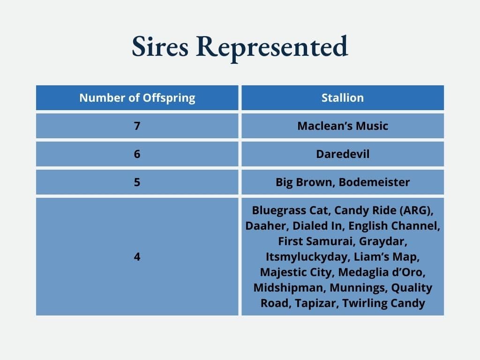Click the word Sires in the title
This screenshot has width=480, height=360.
160,46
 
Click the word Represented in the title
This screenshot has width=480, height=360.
272,48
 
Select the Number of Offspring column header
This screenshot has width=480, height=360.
137,98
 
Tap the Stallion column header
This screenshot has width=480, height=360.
343,98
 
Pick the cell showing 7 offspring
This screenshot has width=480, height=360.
137,126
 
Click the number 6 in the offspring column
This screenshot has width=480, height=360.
137,154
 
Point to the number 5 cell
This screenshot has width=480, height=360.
137,182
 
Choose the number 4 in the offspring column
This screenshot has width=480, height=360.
137,256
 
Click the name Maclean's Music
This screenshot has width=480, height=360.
343,126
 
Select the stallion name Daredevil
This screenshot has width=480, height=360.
343,154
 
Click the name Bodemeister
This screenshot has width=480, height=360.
374,182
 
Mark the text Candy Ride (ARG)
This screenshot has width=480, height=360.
383,210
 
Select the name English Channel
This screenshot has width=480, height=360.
394,226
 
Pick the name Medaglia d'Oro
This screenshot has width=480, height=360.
382,272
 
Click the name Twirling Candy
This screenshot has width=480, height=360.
383,303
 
